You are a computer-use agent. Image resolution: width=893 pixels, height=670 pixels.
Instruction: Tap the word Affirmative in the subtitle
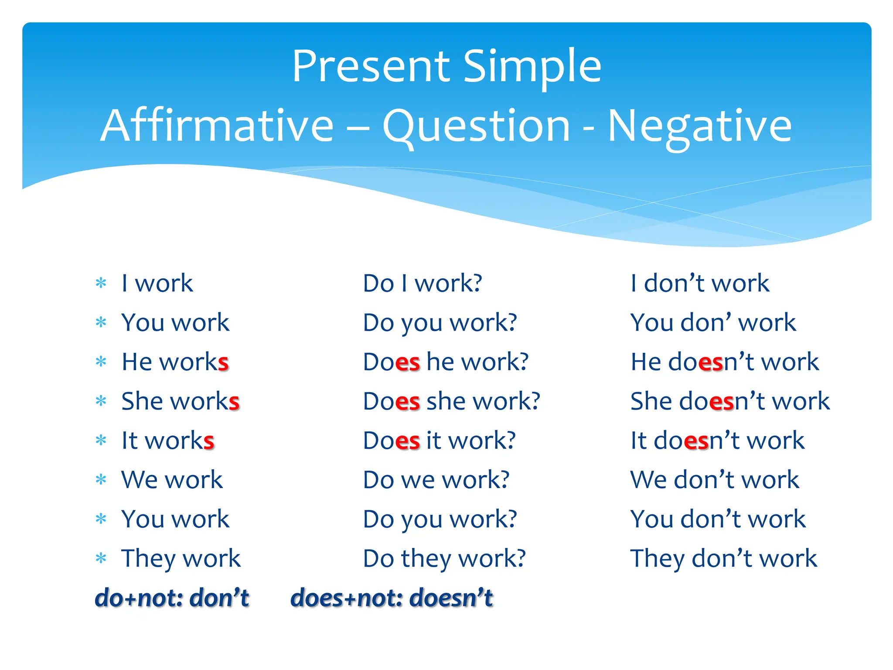pyautogui.click(x=217, y=126)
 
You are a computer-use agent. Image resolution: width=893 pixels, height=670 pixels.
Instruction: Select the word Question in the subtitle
pyautogui.click(x=476, y=126)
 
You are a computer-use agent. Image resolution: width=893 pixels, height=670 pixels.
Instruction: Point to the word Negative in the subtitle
pyautogui.click(x=699, y=126)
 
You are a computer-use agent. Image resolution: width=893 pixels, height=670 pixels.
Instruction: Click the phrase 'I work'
pyautogui.click(x=157, y=283)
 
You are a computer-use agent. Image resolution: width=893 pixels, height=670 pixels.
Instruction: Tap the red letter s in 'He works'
pyautogui.click(x=223, y=362)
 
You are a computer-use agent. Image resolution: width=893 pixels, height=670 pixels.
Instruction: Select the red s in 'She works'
pyautogui.click(x=234, y=402)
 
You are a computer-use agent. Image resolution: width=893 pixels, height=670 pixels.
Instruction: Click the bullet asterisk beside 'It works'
pyautogui.click(x=101, y=441)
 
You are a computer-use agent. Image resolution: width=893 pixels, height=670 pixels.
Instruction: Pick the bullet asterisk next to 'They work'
pyautogui.click(x=101, y=558)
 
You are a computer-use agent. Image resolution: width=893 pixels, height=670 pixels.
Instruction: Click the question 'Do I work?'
pyautogui.click(x=423, y=283)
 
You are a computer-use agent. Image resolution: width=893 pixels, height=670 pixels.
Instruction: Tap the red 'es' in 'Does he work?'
pyautogui.click(x=408, y=362)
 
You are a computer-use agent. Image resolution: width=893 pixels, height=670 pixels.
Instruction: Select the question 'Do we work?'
pyautogui.click(x=436, y=479)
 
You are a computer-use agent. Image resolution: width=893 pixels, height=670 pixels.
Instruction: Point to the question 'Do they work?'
pyautogui.click(x=444, y=558)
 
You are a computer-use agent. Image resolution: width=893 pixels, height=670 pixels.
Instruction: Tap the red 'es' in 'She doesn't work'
pyautogui.click(x=722, y=402)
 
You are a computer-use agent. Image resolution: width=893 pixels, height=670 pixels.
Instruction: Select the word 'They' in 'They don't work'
pyautogui.click(x=657, y=558)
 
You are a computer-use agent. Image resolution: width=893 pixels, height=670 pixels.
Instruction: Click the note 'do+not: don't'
pyautogui.click(x=172, y=598)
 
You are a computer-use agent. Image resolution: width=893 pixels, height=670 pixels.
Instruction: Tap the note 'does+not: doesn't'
pyautogui.click(x=391, y=598)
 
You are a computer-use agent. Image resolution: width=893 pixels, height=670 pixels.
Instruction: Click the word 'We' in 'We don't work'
pyautogui.click(x=648, y=479)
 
